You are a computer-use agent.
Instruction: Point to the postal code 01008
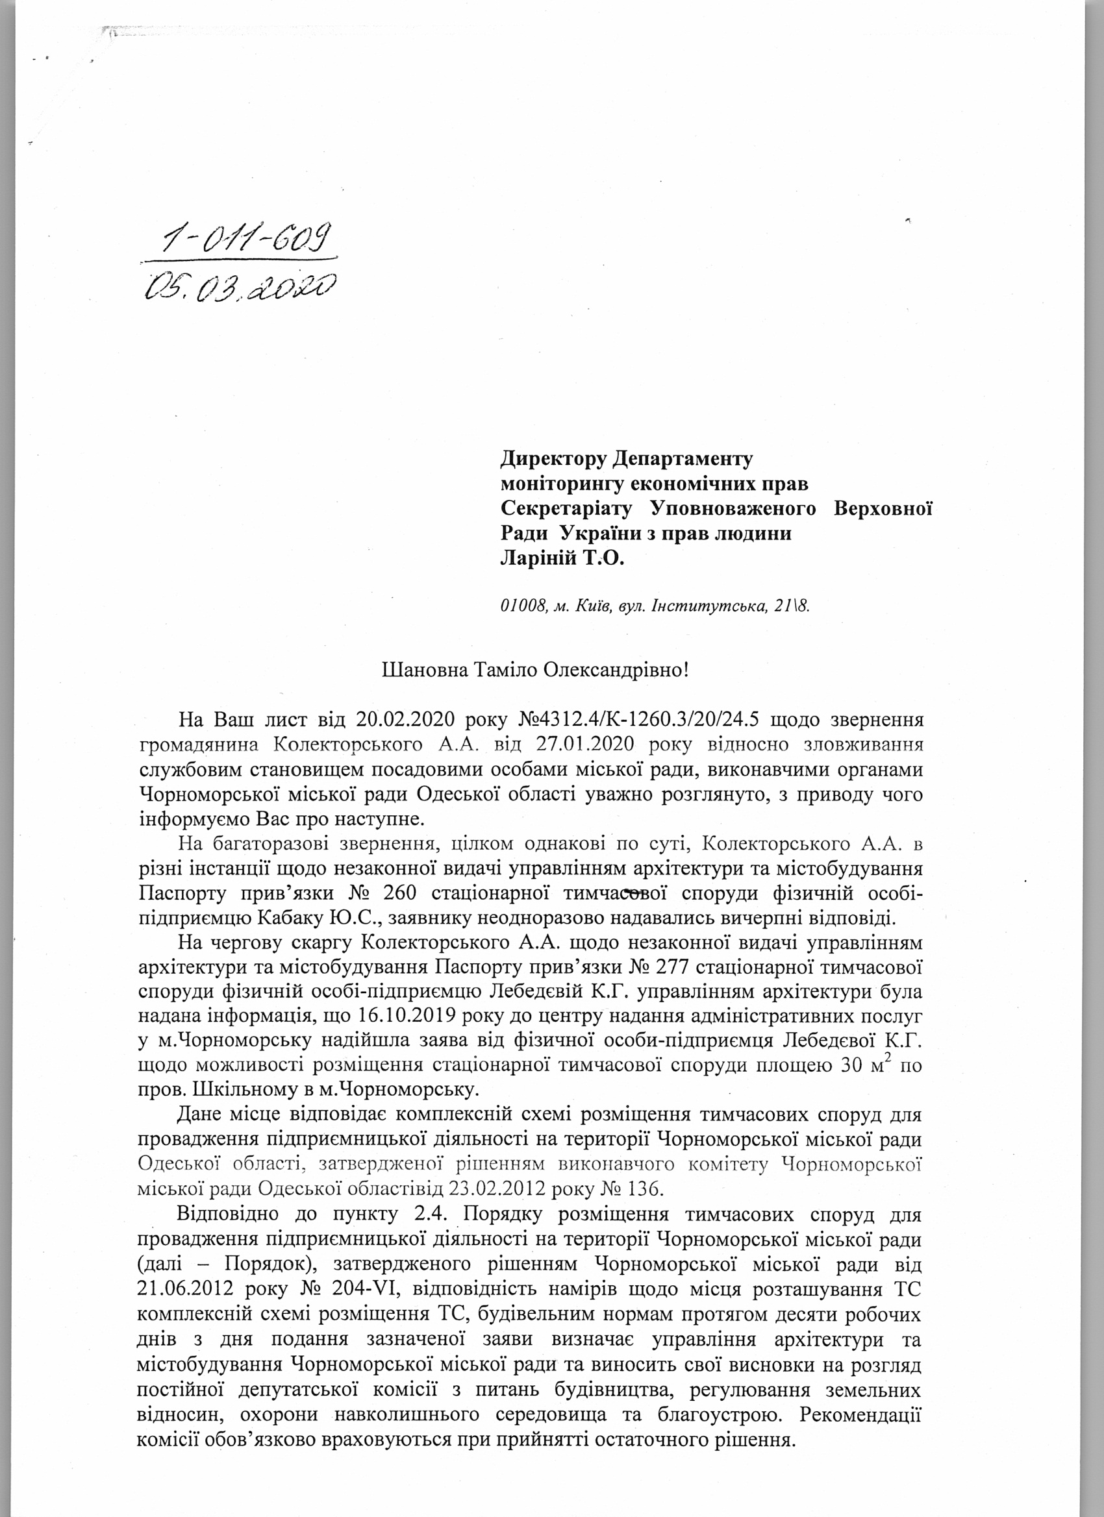521,606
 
